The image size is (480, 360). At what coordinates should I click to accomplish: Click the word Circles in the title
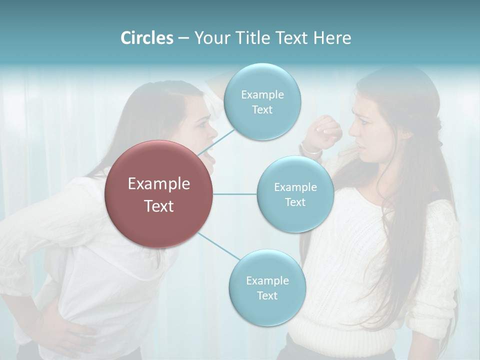146,38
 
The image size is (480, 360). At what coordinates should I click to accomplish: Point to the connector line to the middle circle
235,194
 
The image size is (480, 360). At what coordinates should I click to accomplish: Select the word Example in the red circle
158,184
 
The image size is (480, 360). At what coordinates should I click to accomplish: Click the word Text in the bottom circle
267,295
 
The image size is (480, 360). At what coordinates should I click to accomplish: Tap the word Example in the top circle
262,94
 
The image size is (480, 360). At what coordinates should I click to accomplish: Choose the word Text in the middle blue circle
295,202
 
